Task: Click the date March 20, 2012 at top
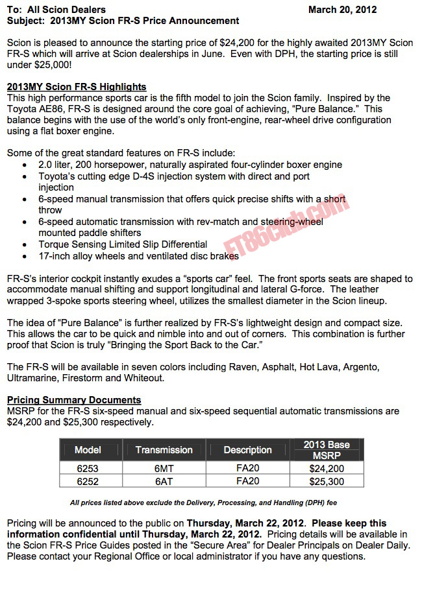342,10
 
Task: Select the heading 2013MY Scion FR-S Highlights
76,87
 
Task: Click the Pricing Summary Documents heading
73,400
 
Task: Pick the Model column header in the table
88,450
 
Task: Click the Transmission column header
164,450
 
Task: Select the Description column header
247,450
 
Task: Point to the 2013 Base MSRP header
326,450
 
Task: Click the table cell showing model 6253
88,468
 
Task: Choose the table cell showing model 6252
88,481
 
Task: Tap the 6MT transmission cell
164,468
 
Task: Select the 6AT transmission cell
164,481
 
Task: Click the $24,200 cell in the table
326,468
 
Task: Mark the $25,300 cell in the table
326,481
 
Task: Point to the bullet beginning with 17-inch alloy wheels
138,256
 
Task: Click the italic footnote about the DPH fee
203,503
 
